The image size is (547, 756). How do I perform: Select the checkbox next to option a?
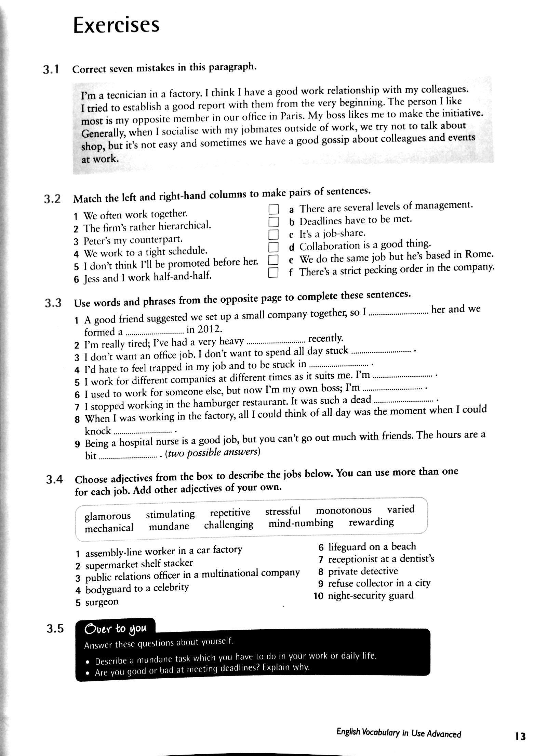(273, 209)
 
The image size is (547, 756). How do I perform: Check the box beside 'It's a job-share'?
(273, 235)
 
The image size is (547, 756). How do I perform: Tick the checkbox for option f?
(273, 273)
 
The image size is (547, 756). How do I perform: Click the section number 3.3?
(53, 303)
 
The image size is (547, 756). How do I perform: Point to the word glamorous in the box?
(108, 516)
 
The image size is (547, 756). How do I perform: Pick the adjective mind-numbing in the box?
(301, 523)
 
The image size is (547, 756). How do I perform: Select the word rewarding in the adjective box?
(371, 522)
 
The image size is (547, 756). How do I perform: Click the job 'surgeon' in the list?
(102, 602)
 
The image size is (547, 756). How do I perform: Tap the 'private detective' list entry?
(363, 571)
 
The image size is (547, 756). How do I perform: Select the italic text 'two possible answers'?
(212, 453)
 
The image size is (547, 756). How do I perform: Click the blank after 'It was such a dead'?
(404, 401)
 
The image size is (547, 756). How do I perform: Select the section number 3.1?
(52, 70)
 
